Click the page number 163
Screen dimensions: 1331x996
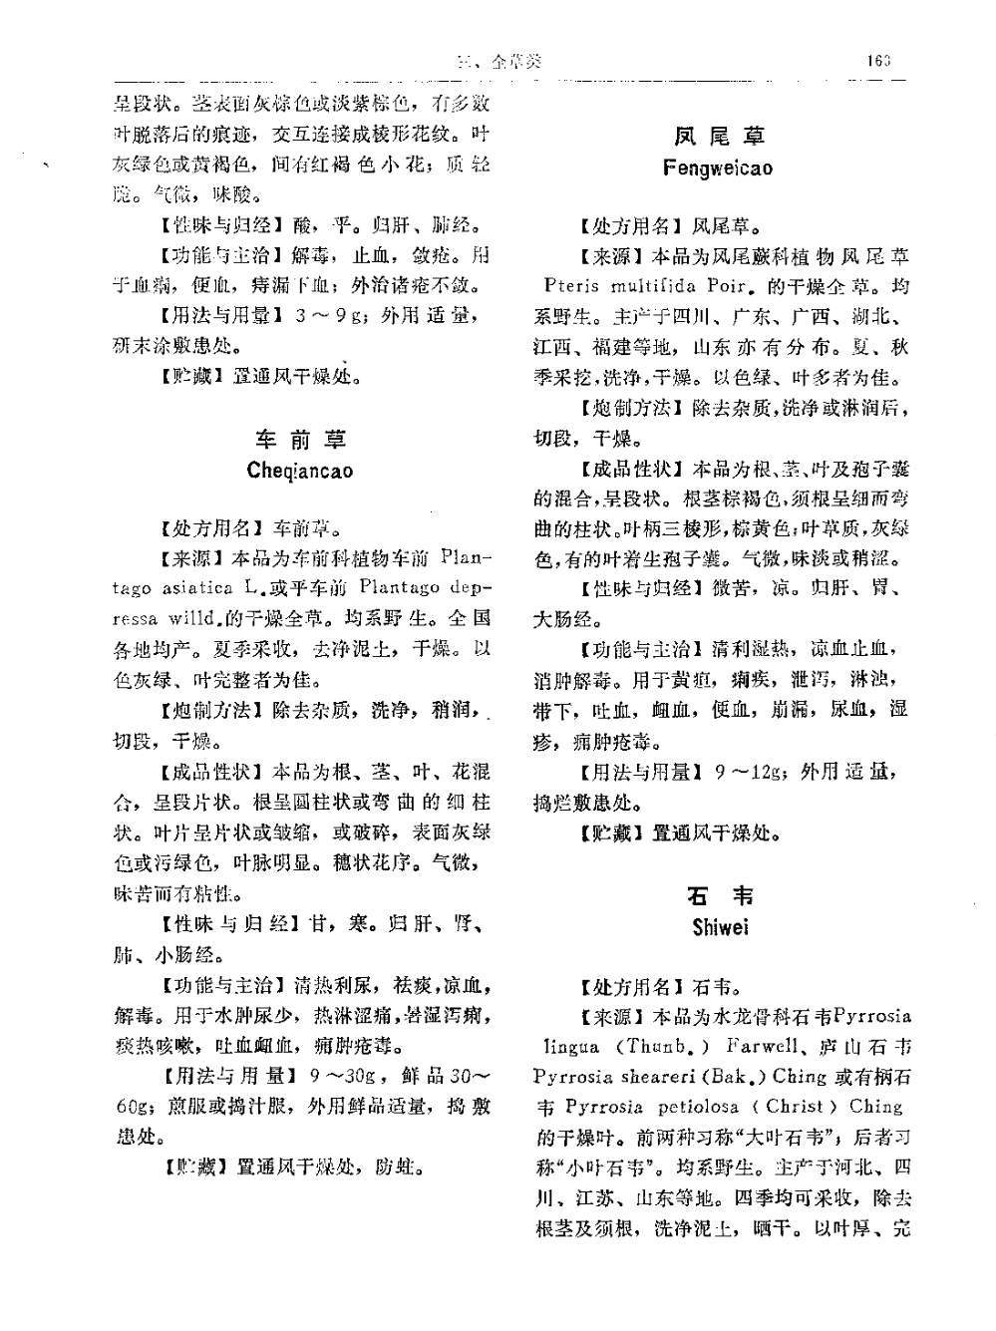coord(877,61)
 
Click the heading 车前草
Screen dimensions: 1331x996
coord(299,440)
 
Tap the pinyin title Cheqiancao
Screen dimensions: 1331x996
coord(299,471)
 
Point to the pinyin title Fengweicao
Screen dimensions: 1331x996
coord(718,167)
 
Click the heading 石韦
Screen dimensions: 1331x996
coord(720,895)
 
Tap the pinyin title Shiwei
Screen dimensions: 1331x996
coord(720,927)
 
